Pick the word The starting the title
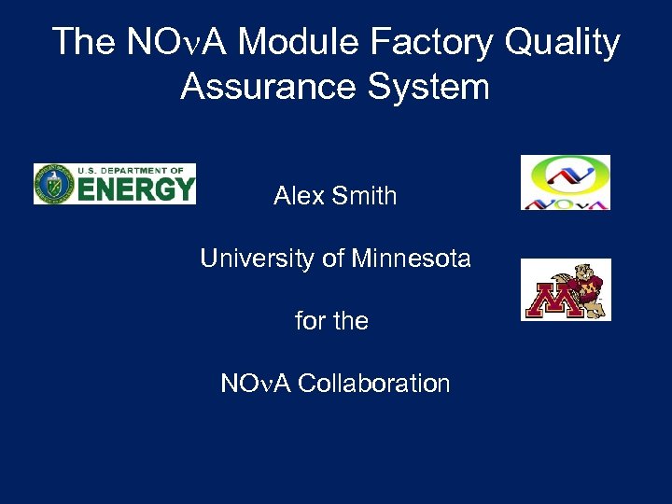coord(84,43)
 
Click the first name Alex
coord(298,196)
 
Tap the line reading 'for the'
coord(331,321)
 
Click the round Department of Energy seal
coord(55,184)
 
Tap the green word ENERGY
coord(135,189)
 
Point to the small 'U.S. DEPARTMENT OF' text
coord(130,170)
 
